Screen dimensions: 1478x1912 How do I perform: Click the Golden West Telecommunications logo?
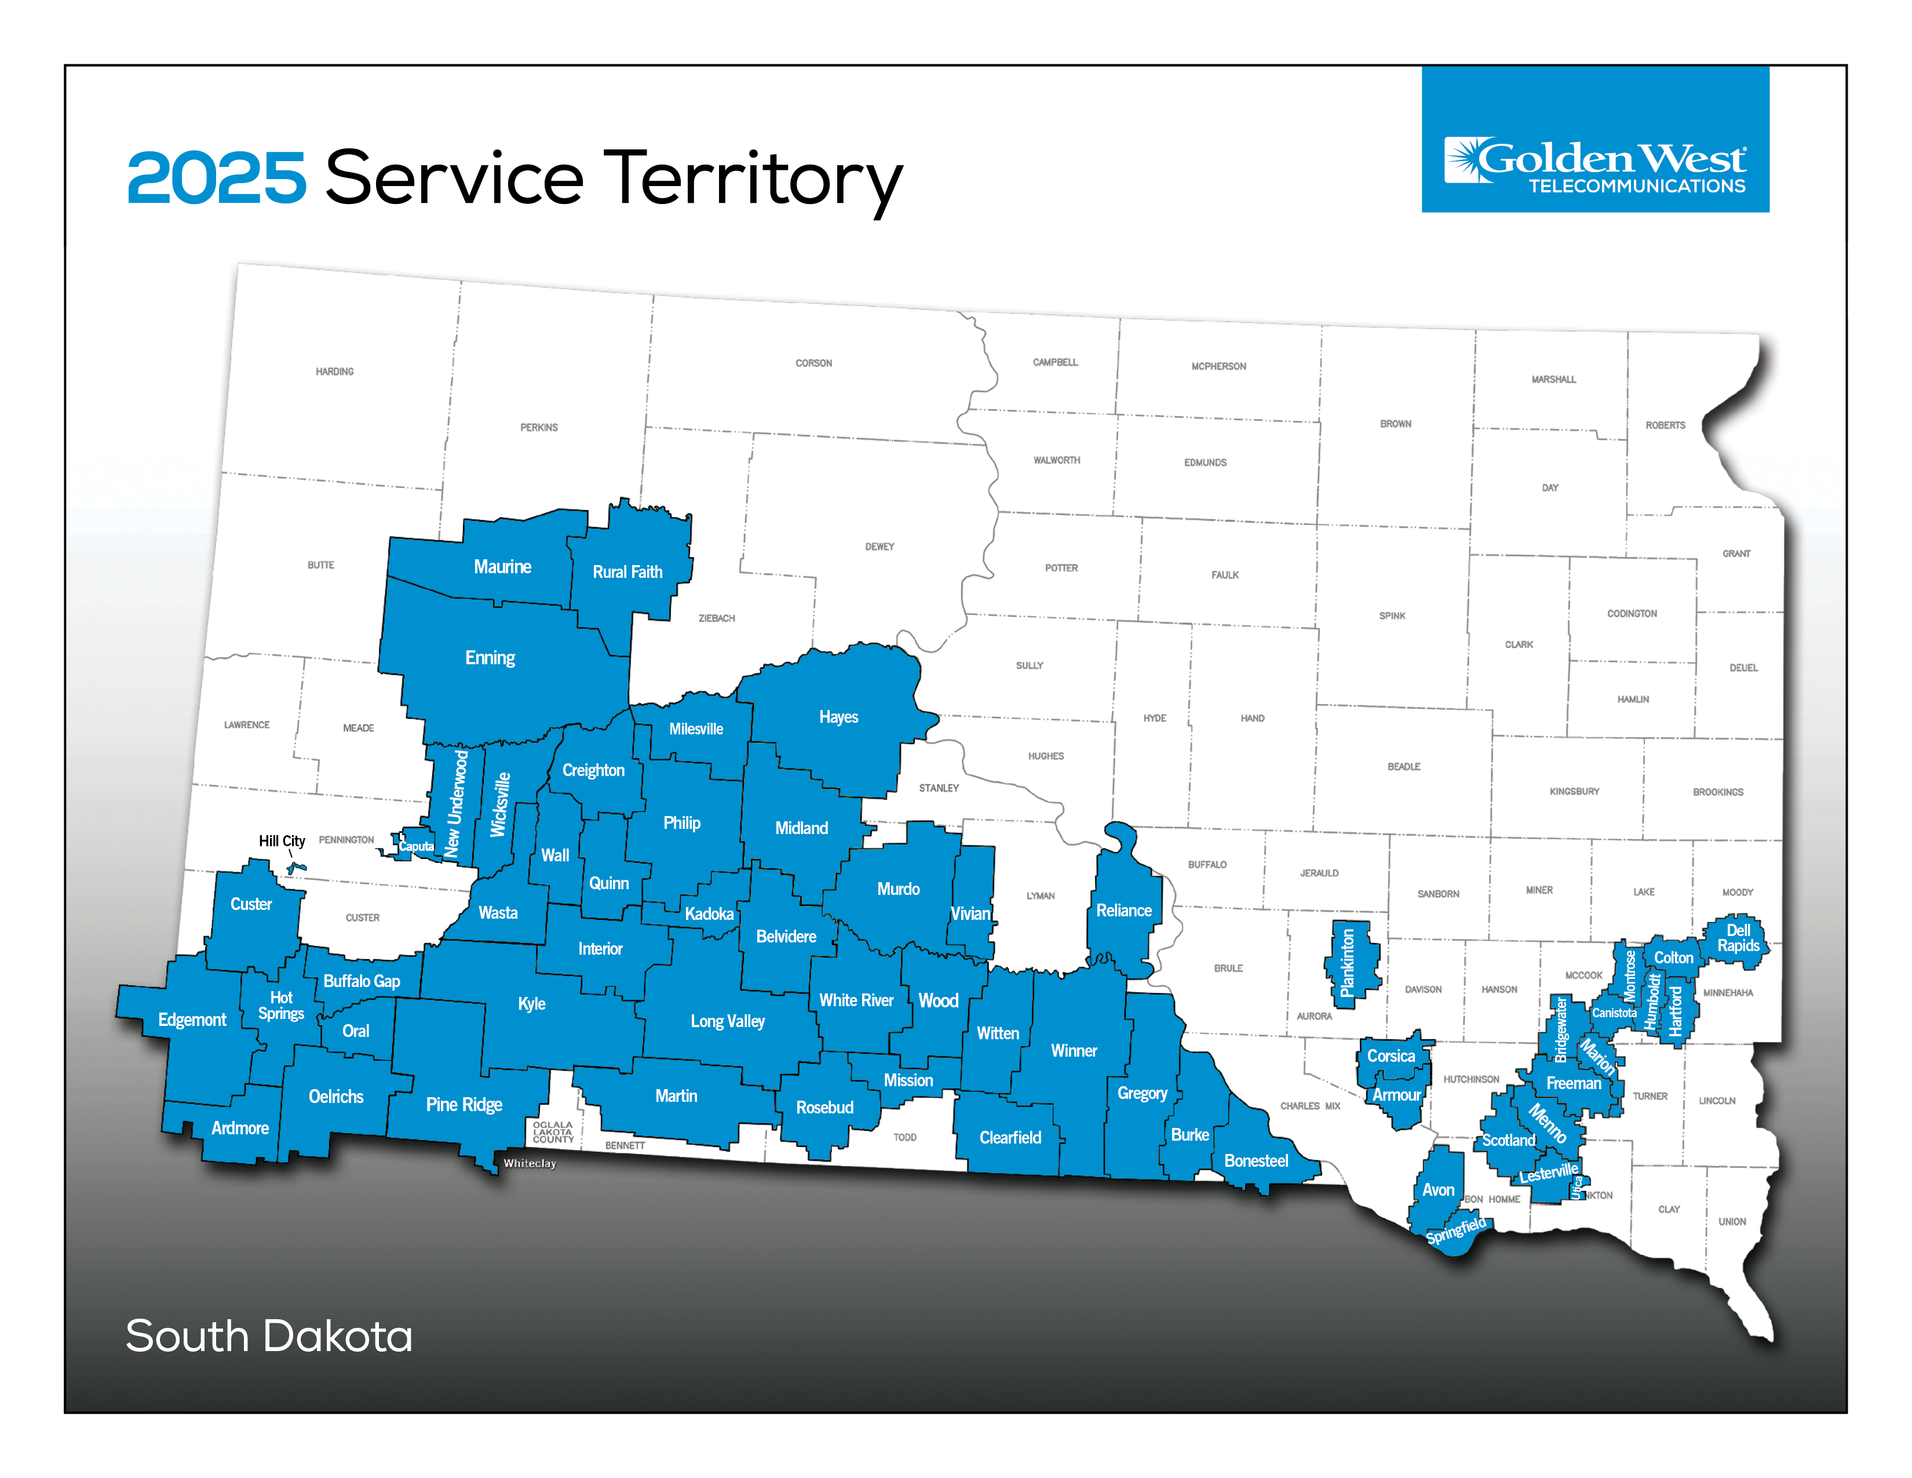[1594, 163]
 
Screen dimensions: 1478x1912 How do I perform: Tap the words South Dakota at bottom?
[269, 1336]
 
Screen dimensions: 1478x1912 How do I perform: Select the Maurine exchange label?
[502, 566]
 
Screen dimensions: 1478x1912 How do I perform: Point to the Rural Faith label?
[627, 571]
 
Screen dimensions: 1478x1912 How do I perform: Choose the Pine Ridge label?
[464, 1104]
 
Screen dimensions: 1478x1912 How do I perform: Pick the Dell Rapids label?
[1738, 938]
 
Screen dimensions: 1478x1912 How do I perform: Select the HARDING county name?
[334, 372]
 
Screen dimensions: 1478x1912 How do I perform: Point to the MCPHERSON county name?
[1218, 366]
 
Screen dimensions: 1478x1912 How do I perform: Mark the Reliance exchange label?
[1123, 911]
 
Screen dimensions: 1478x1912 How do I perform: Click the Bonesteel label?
[1256, 1160]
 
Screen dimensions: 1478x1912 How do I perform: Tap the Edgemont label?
[192, 1019]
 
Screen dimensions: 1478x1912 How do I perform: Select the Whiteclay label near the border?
[530, 1163]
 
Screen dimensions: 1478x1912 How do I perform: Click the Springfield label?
[1456, 1230]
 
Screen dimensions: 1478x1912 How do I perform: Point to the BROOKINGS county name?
[1718, 792]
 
